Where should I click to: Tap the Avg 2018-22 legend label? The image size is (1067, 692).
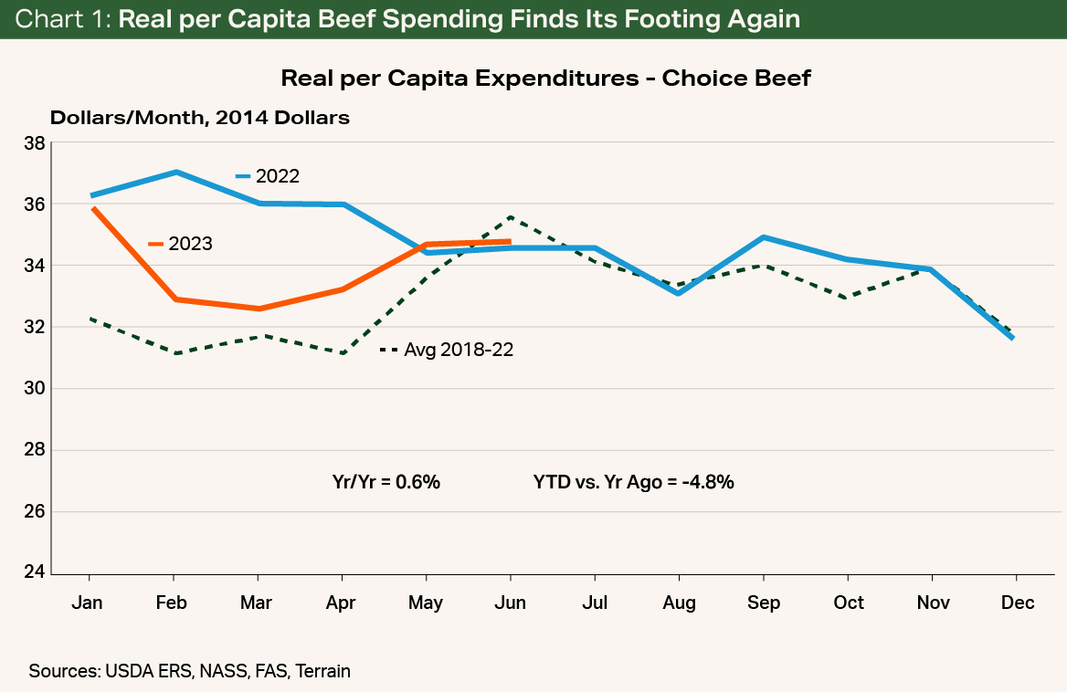(x=458, y=350)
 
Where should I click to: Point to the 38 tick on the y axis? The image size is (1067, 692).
(x=34, y=143)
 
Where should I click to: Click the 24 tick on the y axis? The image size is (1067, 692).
(x=34, y=573)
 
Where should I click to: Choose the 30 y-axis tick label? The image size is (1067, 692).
(x=34, y=389)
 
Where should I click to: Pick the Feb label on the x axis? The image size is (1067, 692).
(x=173, y=603)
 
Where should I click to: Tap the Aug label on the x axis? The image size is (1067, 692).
(x=679, y=603)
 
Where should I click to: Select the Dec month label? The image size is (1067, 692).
(x=1017, y=603)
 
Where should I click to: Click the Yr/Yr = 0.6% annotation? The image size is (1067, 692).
(x=386, y=482)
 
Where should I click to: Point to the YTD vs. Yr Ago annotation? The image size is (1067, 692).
(x=633, y=482)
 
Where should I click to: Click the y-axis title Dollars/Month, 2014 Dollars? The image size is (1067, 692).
(x=199, y=118)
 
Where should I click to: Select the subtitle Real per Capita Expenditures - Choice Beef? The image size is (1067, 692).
(x=545, y=79)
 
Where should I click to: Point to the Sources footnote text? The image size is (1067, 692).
(x=189, y=671)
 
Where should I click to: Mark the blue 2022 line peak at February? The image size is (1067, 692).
(x=174, y=172)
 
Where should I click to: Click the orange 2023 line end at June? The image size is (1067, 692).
(x=510, y=242)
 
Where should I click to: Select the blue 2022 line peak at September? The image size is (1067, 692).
(x=764, y=237)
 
